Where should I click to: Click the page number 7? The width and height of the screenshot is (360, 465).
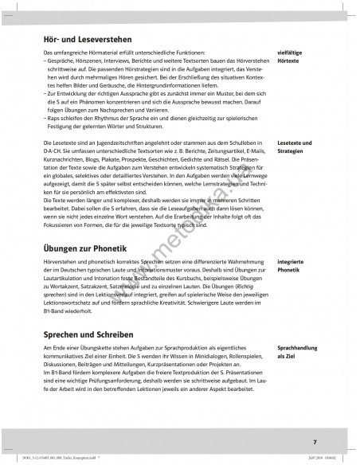[x=314, y=442]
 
